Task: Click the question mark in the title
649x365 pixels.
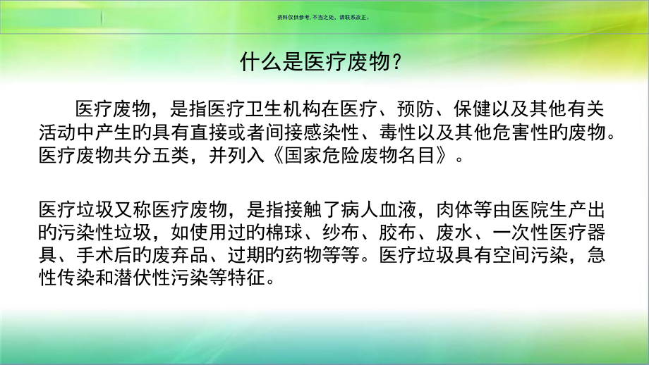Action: click(398, 63)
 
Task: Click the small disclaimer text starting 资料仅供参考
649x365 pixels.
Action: click(324, 19)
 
